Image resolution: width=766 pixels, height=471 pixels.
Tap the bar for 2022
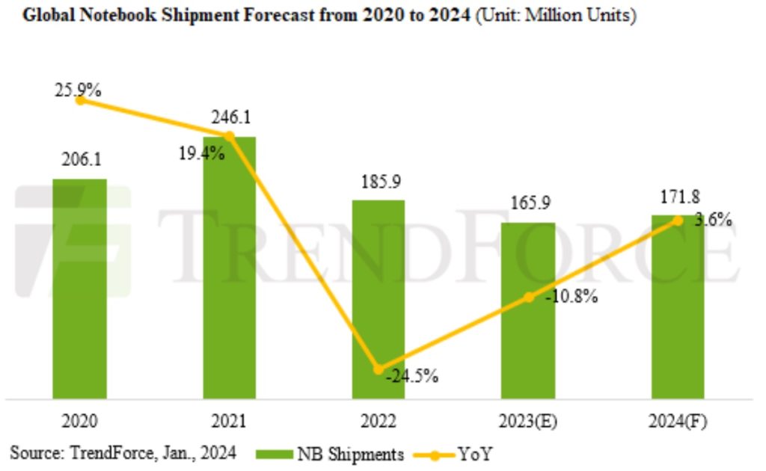[379, 299]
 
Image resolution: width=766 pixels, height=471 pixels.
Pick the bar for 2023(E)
[528, 310]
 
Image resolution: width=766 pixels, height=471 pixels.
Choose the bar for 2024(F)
[678, 307]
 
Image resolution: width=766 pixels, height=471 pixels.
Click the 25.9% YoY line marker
[80, 99]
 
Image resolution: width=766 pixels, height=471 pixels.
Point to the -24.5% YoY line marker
[379, 369]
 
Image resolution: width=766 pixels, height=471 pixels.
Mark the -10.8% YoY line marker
[528, 297]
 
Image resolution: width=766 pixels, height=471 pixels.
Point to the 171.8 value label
[678, 197]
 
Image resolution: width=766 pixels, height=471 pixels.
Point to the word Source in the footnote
[34, 453]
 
